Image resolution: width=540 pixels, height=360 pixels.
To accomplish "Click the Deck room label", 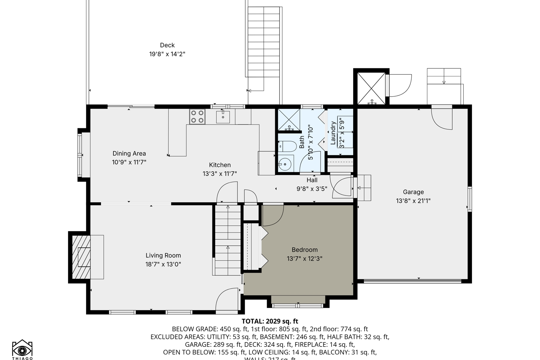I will click(167, 45).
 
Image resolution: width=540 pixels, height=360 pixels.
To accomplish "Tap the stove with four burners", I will click(197, 117).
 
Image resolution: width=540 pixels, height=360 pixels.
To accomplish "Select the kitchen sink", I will click(223, 117).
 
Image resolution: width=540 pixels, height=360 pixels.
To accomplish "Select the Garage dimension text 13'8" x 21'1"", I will click(413, 201).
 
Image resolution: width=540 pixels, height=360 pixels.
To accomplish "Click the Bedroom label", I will click(304, 250).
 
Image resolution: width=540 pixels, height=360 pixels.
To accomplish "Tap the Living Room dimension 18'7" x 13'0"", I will click(163, 264).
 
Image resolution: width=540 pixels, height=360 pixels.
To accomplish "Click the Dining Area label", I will click(129, 153).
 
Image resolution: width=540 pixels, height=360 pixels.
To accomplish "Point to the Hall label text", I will click(312, 180).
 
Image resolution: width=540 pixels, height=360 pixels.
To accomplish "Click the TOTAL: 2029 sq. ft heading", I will click(270, 321).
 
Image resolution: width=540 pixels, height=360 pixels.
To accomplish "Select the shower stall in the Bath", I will click(289, 120).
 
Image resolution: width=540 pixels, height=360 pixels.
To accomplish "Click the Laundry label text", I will click(333, 133).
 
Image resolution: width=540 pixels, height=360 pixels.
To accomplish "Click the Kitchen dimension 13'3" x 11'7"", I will click(220, 174).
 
